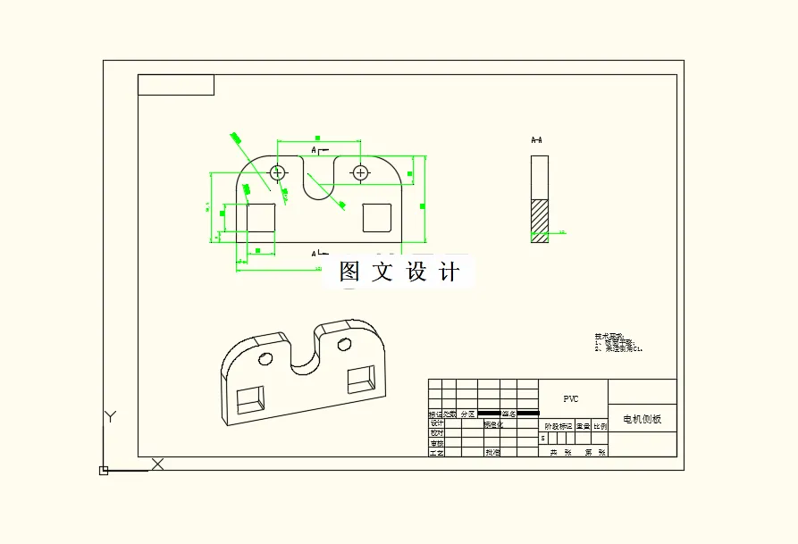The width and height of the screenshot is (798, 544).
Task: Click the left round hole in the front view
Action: coord(278,172)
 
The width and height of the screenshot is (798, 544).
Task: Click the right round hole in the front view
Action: coord(360,172)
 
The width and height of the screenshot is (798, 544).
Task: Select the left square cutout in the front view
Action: coord(261,217)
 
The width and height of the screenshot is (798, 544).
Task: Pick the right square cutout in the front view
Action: coord(376,217)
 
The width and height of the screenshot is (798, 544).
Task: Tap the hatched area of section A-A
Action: coord(540,220)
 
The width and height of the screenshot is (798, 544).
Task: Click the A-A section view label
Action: coord(537,140)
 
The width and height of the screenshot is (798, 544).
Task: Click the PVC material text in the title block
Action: coord(571,399)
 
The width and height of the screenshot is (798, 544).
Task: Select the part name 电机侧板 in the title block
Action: coord(642,419)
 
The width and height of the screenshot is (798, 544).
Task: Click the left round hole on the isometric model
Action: coord(265,358)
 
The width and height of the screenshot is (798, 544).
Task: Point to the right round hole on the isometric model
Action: coord(343,344)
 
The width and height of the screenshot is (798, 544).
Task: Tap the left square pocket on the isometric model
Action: coord(251,398)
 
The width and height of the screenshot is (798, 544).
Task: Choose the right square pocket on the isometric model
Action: coord(361,378)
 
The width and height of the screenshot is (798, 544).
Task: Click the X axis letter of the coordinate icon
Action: coord(158,464)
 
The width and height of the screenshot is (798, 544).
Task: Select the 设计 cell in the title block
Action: coord(436,423)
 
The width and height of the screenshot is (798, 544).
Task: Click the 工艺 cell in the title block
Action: coord(436,453)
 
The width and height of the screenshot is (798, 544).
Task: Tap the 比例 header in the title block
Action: coord(600,426)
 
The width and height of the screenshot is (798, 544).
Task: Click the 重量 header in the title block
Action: coord(582,426)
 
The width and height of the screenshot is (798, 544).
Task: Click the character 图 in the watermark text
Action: coord(349,272)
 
